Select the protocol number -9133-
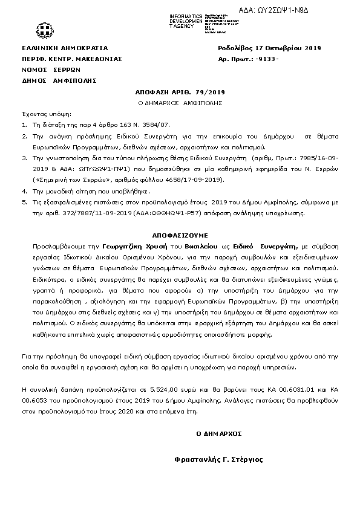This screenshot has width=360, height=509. (x=266, y=59)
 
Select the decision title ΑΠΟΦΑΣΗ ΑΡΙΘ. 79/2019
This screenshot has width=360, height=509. (x=180, y=91)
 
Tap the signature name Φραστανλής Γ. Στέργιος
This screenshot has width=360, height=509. (x=218, y=459)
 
